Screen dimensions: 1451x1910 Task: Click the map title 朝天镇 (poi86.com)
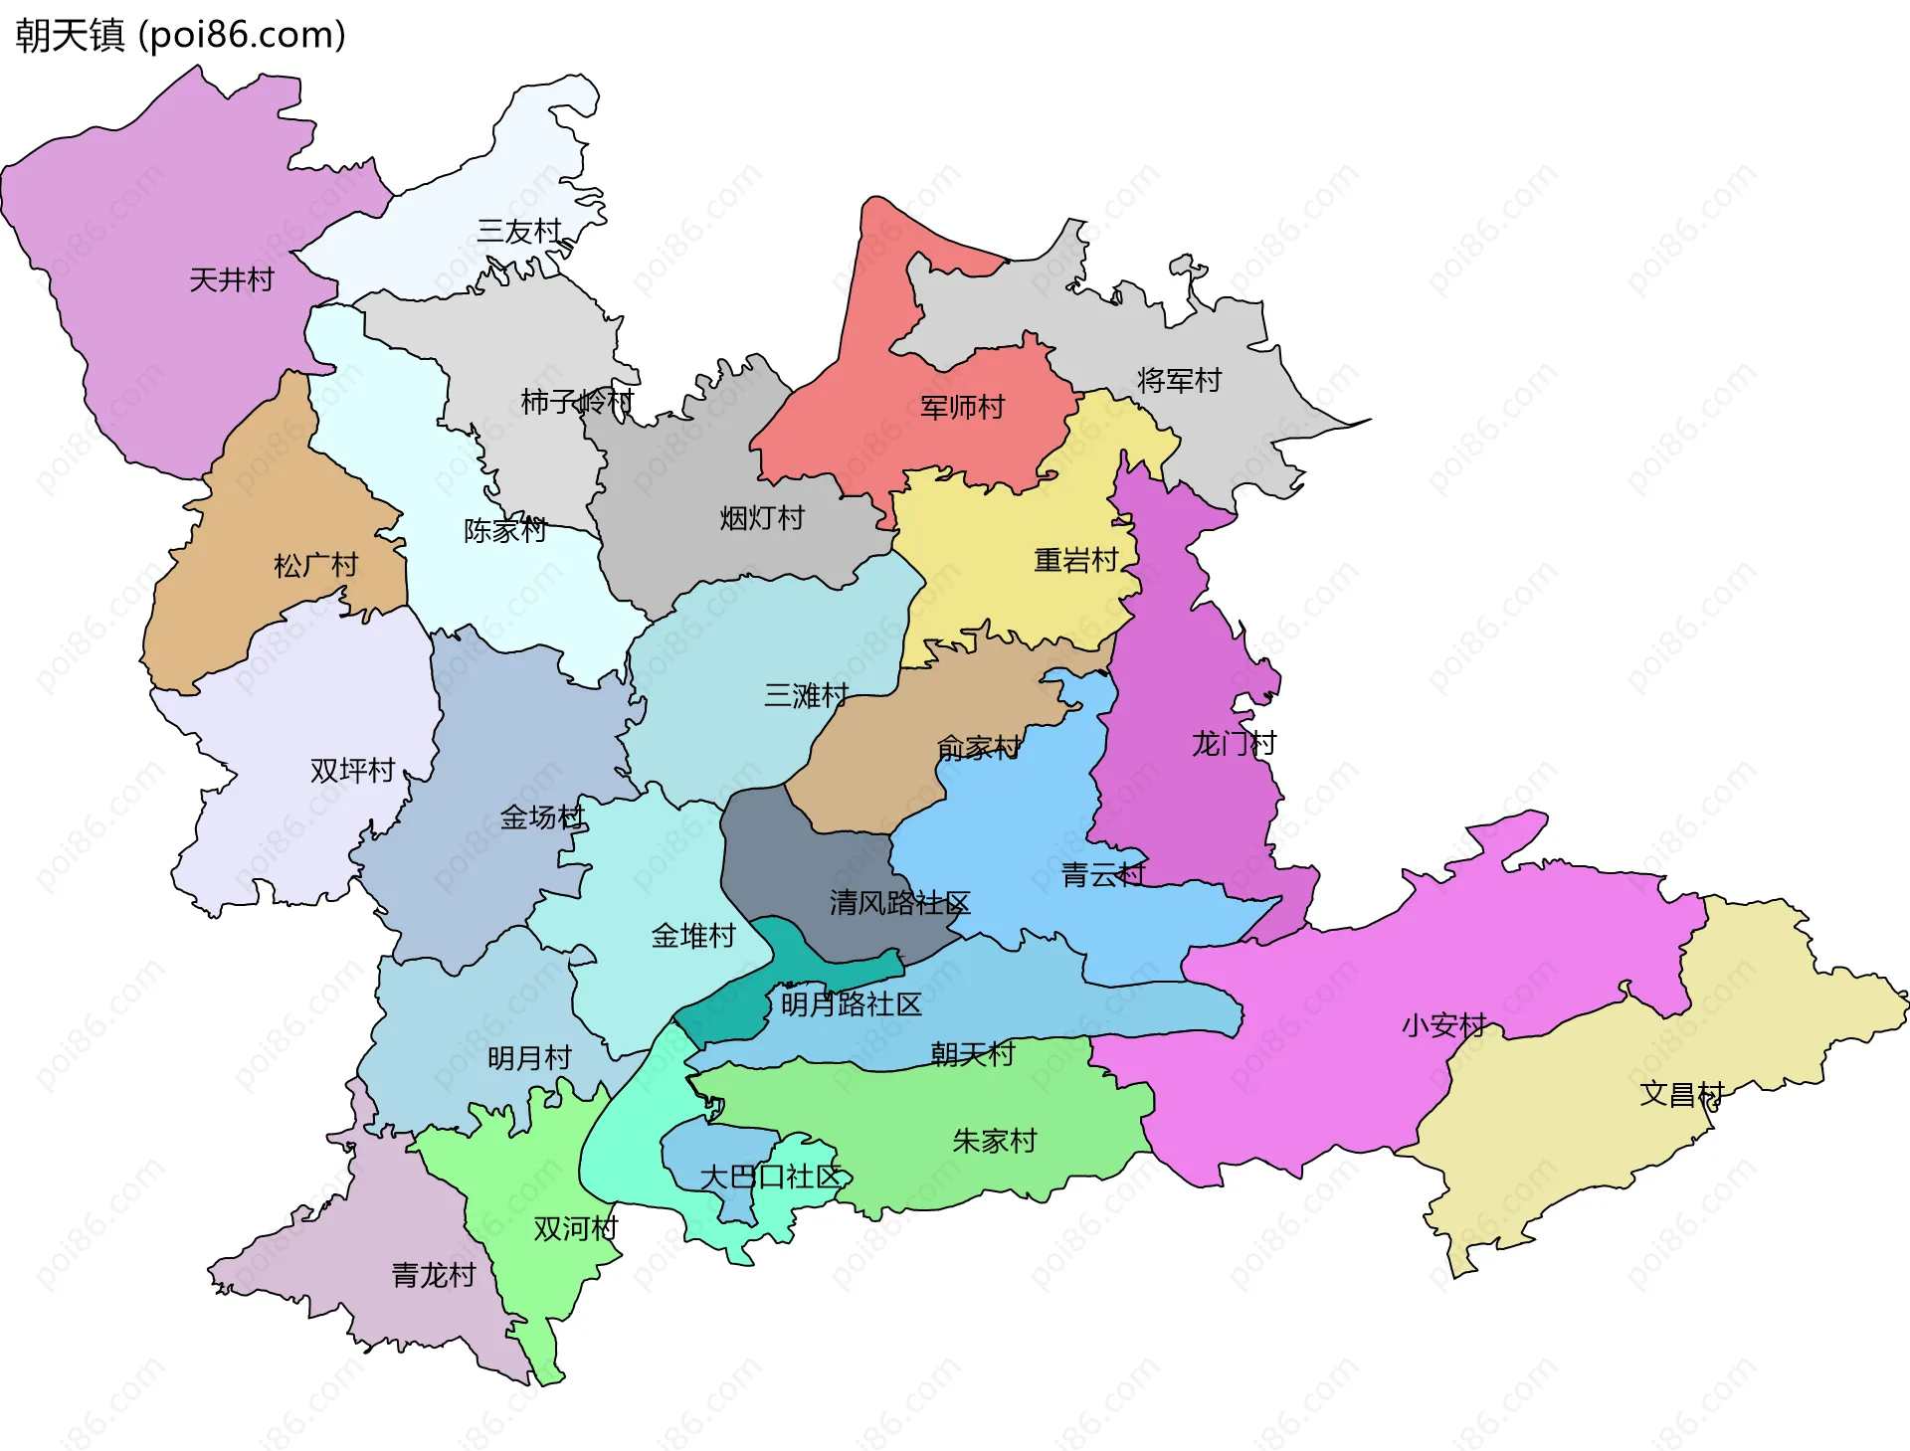point(180,35)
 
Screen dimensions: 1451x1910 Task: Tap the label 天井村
point(231,279)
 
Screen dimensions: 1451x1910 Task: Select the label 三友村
point(519,231)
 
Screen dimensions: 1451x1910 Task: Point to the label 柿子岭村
point(577,402)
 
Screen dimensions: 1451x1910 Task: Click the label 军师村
point(962,407)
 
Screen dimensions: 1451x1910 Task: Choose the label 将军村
point(1179,380)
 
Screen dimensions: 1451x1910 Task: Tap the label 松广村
point(315,566)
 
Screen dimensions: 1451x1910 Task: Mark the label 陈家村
point(505,530)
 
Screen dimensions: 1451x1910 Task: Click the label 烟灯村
point(762,518)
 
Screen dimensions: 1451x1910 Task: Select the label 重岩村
point(1076,561)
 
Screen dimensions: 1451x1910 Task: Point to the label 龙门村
point(1234,743)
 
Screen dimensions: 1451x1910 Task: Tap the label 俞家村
point(979,747)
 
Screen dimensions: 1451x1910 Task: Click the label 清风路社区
point(899,903)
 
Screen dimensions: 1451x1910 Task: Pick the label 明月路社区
point(852,1004)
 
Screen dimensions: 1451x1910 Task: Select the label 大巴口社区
point(771,1178)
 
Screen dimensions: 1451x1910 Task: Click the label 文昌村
point(1681,1094)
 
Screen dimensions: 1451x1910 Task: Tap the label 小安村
point(1443,1025)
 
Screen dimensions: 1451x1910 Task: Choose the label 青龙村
point(434,1275)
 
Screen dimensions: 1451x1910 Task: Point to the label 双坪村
point(352,771)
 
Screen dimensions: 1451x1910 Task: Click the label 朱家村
point(995,1141)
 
